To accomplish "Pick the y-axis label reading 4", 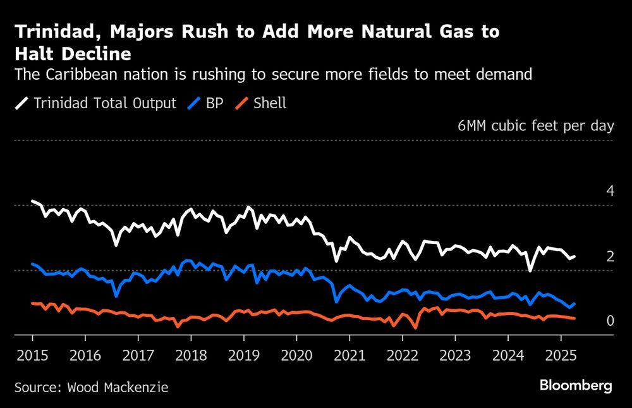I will coord(611,190).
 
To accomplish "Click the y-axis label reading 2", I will coord(611,256).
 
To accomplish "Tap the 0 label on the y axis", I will coord(611,321).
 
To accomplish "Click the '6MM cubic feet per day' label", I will coord(535,125).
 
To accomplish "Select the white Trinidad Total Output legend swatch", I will coord(21,103).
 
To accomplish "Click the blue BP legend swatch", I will coord(193,103).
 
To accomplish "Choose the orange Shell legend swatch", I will coord(241,103).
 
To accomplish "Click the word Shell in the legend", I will coord(270,103).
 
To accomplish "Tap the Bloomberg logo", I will coord(576,386).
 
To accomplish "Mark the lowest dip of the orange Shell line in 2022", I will coord(415,328).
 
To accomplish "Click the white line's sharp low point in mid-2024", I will coord(530,270).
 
